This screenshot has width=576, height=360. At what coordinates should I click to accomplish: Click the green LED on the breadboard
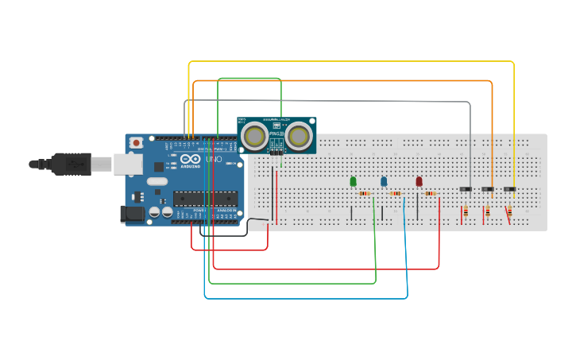[353, 182]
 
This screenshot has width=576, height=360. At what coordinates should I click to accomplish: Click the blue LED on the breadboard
[384, 182]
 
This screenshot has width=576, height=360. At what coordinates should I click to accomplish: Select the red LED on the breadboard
[419, 182]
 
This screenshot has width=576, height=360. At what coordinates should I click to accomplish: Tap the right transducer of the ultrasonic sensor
[299, 137]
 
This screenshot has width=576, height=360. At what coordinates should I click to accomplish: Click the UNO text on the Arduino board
[214, 160]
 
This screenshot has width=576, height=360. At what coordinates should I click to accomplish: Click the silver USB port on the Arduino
[127, 164]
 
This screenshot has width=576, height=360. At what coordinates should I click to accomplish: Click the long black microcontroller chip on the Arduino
[206, 198]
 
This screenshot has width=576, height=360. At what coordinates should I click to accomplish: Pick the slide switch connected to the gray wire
[466, 189]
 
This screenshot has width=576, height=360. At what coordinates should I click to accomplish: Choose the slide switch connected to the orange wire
[488, 189]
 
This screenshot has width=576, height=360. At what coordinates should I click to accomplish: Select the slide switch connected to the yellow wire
[509, 189]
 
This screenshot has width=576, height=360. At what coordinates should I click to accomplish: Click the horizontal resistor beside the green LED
[365, 194]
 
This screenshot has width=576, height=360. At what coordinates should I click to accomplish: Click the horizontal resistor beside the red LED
[431, 194]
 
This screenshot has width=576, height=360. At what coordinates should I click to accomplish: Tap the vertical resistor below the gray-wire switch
[466, 211]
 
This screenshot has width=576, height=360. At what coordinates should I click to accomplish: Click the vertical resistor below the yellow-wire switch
[508, 211]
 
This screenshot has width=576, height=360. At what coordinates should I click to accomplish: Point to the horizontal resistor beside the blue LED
[396, 194]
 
